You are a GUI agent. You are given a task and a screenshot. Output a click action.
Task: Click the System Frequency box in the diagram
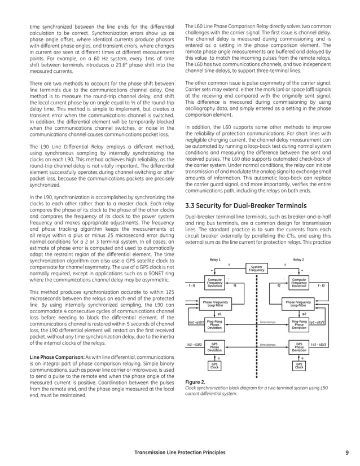[x=256, y=268]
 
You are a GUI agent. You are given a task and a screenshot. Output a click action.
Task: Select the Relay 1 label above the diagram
[x=214, y=260]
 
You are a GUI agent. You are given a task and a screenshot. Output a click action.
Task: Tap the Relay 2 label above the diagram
[x=298, y=260]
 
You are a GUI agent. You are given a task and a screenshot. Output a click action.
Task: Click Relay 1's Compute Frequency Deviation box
[x=214, y=283]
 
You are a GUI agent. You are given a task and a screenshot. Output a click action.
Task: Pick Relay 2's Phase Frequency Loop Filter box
[x=298, y=304]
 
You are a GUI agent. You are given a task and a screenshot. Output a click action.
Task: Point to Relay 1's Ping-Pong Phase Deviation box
[x=214, y=324]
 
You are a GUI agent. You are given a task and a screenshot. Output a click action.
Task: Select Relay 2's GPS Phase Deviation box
[x=298, y=346]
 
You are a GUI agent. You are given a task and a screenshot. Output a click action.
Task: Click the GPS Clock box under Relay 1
[x=214, y=366]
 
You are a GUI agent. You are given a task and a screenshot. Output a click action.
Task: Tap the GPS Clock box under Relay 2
[x=298, y=366]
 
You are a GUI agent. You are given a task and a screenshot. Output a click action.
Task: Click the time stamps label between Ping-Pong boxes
[x=267, y=322]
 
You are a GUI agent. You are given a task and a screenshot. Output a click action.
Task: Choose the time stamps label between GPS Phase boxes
[x=267, y=344]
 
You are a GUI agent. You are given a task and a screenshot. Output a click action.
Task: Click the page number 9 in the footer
[x=346, y=452]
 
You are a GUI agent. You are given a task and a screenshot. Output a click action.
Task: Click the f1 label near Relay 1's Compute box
[x=235, y=285]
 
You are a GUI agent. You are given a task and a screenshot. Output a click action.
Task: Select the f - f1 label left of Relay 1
[x=192, y=285]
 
